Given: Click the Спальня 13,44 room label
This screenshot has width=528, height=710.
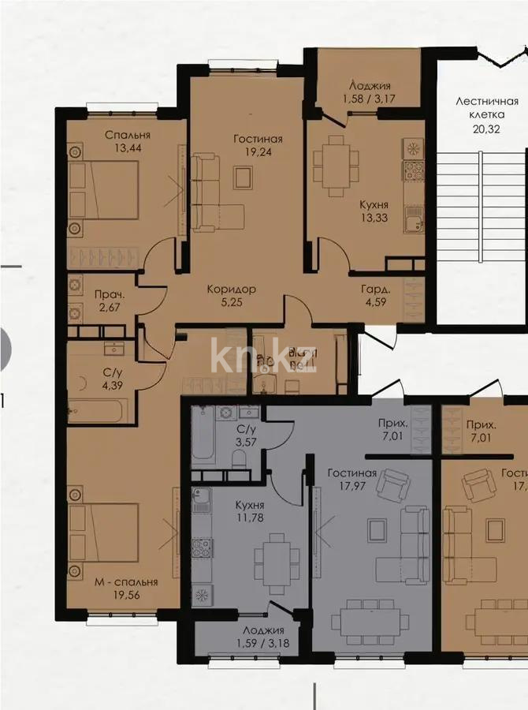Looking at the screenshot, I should [x=127, y=141].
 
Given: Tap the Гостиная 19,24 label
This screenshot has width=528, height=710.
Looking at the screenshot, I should [x=258, y=146].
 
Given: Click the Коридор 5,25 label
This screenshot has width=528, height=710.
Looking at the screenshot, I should [x=229, y=295].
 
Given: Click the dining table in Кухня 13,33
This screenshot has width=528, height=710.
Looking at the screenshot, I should [x=337, y=166].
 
